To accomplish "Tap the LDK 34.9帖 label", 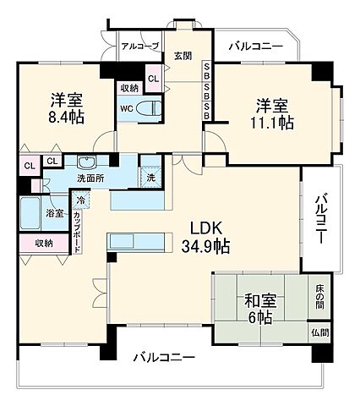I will coord(206,238).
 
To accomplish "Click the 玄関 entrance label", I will coord(183,57).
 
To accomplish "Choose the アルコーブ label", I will coord(138,47).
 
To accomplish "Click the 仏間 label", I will coord(319,333).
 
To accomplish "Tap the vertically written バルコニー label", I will coord(322,219).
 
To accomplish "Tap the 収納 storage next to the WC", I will coord(128,87).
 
